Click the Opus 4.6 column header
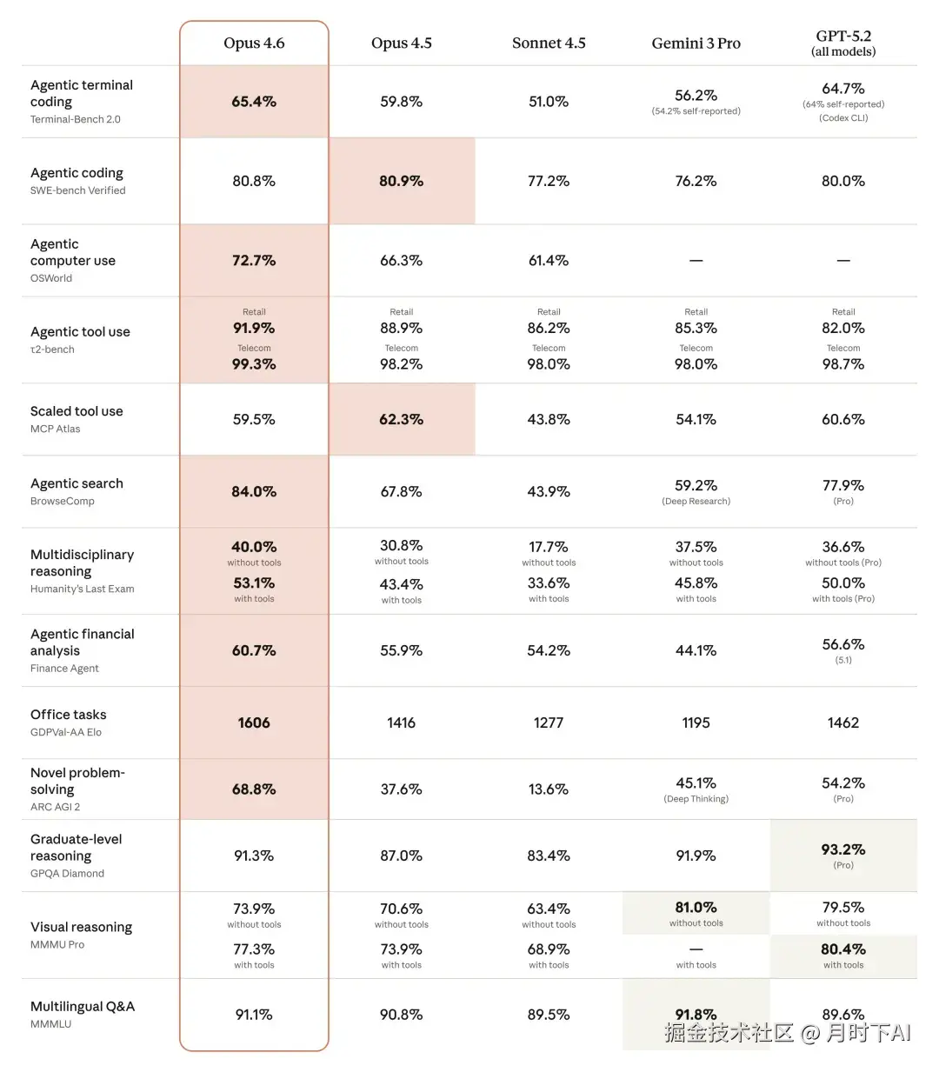pos(254,43)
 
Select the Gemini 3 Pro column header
pos(696,43)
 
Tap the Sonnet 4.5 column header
pos(549,43)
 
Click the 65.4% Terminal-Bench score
pos(254,102)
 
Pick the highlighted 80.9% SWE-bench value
pos(401,181)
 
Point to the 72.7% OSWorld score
pos(254,261)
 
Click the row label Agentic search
pos(77,483)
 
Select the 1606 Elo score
pos(254,722)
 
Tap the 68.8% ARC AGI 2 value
pos(254,789)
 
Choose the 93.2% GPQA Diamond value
pos(843,849)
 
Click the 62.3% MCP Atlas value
pos(401,419)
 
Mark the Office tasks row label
pos(69,715)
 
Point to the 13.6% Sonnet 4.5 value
pos(549,789)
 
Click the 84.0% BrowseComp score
pos(254,491)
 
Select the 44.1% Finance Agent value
pos(696,650)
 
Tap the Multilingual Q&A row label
pos(83,1007)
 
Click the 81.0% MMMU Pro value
pos(696,907)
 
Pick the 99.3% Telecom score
pos(254,364)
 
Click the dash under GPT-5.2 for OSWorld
pos(843,261)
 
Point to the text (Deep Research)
pos(696,502)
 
